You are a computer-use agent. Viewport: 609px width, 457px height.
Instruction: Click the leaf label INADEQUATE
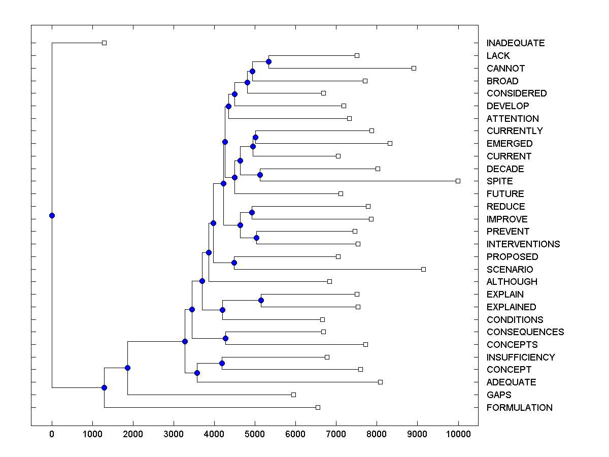pos(515,43)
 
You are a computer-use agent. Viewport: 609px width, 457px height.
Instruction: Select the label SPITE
pos(499,181)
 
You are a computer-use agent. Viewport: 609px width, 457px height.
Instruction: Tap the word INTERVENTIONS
pos(523,244)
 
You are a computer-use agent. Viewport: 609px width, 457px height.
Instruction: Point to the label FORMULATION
pos(519,408)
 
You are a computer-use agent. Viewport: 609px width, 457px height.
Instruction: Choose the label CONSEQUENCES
pos(525,332)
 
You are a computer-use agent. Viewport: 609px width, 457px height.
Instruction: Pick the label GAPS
pos(498,395)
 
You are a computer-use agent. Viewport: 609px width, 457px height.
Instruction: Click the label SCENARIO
pos(510,270)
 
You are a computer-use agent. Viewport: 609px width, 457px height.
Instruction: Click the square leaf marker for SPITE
pos(458,181)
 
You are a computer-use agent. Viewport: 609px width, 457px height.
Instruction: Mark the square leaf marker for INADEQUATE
pos(104,43)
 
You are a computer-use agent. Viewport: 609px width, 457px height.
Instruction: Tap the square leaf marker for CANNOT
pos(414,68)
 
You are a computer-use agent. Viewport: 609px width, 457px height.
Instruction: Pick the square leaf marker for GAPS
pos(293,395)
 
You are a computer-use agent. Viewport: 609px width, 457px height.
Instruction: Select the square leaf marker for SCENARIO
pos(424,269)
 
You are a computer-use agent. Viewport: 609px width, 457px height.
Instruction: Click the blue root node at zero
pos(52,215)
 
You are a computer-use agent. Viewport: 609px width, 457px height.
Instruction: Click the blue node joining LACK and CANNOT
pos(268,61)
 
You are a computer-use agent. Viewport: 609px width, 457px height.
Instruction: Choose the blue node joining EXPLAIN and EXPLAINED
pos(261,300)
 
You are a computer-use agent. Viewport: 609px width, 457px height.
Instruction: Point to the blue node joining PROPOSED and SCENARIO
pos(234,263)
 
